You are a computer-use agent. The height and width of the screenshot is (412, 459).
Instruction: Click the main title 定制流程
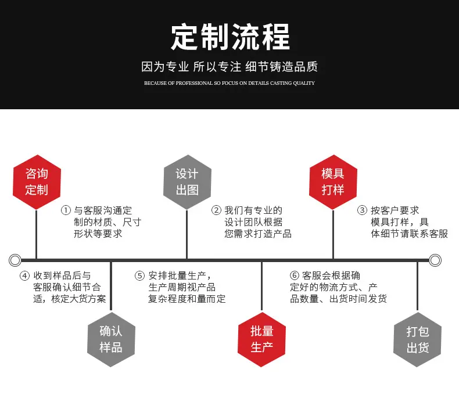231,37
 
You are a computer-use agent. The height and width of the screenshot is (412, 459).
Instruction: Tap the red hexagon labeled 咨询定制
37,182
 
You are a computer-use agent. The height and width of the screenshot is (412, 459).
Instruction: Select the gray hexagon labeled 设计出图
187,182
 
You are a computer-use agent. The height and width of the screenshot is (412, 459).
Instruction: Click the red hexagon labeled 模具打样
333,182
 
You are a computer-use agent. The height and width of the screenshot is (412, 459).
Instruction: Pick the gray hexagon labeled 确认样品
111,339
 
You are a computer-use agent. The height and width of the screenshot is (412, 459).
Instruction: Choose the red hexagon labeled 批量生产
261,339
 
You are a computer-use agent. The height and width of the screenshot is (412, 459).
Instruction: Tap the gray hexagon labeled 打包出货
417,339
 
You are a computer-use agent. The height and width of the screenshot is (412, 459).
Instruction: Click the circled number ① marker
66,210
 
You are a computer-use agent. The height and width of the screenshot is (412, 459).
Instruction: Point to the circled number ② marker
216,210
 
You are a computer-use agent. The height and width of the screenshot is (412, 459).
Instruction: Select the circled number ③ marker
362,210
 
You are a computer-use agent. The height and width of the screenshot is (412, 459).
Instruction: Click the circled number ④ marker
24,275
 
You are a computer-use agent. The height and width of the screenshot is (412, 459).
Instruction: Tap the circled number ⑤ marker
139,275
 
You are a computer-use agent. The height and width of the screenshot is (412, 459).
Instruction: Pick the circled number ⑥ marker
294,275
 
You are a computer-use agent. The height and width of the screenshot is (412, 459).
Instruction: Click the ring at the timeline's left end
10,260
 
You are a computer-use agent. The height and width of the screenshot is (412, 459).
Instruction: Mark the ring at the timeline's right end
440,260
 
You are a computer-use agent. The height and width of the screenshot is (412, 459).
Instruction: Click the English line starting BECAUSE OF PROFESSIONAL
229,83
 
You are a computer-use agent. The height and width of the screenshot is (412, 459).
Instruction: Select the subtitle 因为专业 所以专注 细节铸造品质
229,67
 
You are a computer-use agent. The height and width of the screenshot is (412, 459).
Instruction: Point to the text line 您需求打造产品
258,234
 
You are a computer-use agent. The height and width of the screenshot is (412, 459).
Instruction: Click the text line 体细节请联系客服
409,234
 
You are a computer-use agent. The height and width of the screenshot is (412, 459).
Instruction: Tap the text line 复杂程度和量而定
187,299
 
